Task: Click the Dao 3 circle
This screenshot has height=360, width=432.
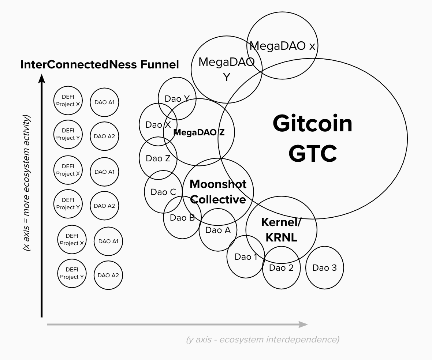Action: (324, 268)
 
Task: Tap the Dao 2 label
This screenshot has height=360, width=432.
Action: (281, 268)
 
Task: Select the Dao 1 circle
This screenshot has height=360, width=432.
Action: (246, 257)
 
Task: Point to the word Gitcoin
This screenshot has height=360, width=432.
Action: (312, 123)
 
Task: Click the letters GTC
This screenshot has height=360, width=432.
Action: (312, 153)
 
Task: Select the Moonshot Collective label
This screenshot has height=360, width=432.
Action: (218, 192)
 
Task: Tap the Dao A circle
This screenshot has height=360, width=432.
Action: (218, 230)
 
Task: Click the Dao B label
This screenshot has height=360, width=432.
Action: (182, 218)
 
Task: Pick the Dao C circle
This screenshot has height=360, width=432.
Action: (163, 192)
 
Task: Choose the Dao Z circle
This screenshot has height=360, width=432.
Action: (158, 158)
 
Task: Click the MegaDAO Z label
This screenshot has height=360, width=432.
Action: (199, 133)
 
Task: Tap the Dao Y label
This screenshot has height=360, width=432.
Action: (177, 99)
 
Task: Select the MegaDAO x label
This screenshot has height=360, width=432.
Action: (282, 46)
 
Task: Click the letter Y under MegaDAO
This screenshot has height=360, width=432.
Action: (227, 77)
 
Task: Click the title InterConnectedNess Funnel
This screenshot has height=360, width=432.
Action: (100, 65)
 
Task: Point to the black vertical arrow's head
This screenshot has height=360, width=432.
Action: (42, 78)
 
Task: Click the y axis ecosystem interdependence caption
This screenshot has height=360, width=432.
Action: (262, 340)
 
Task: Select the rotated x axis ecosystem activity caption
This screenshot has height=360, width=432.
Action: (26, 183)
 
